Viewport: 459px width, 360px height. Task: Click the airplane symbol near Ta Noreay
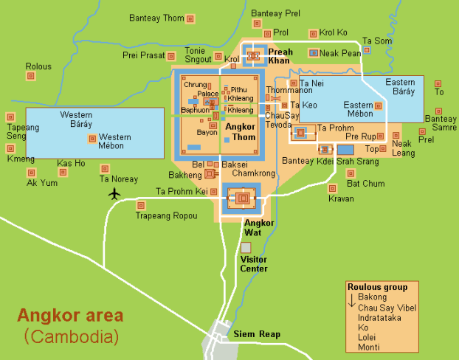[114, 194]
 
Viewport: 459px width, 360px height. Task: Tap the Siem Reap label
[257, 334]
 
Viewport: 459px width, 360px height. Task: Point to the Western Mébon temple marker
[92, 138]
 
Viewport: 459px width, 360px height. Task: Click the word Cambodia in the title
[72, 338]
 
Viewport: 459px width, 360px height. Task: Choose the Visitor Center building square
[246, 247]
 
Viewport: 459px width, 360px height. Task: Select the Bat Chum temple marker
[351, 173]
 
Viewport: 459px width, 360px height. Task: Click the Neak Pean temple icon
[314, 53]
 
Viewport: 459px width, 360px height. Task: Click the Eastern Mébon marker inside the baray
[378, 106]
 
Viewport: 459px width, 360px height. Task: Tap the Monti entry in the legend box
[369, 347]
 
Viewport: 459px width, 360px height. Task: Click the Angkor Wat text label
[260, 227]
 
